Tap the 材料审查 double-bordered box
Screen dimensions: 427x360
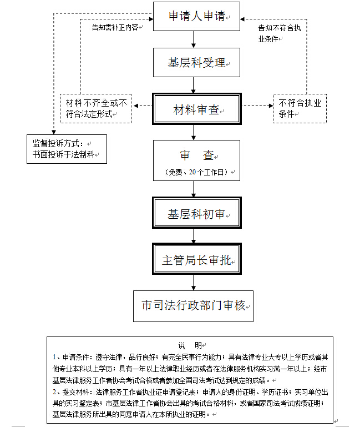tap(197, 109)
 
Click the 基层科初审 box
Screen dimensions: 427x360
tap(197, 214)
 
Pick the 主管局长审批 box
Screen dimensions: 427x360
tap(197, 259)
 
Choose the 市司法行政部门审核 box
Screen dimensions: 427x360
tap(193, 306)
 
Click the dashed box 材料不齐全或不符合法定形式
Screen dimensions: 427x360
tap(96, 108)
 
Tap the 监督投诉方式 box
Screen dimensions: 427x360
tap(66, 148)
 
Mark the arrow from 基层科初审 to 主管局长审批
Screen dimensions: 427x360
tap(194, 236)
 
